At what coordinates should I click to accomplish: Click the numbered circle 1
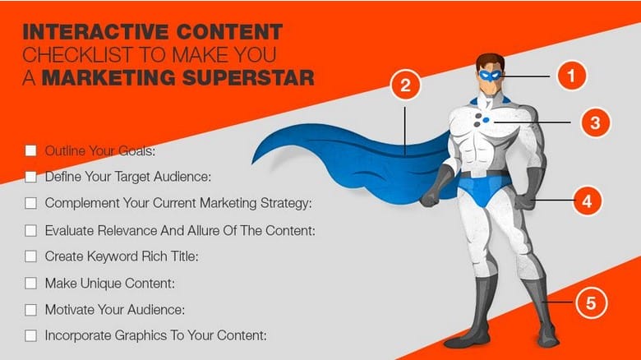pyautogui.click(x=572, y=76)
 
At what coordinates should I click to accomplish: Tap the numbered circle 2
pyautogui.click(x=405, y=86)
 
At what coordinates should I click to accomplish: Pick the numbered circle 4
pyautogui.click(x=587, y=201)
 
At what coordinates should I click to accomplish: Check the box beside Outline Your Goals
pyautogui.click(x=31, y=150)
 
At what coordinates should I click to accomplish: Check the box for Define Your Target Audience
pyautogui.click(x=31, y=176)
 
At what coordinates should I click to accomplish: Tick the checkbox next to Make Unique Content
pyautogui.click(x=31, y=283)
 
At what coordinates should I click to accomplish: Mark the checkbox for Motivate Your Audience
pyautogui.click(x=31, y=309)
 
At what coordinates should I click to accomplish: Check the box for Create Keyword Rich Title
pyautogui.click(x=31, y=256)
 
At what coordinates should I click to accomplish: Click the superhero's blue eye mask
pyautogui.click(x=491, y=74)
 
